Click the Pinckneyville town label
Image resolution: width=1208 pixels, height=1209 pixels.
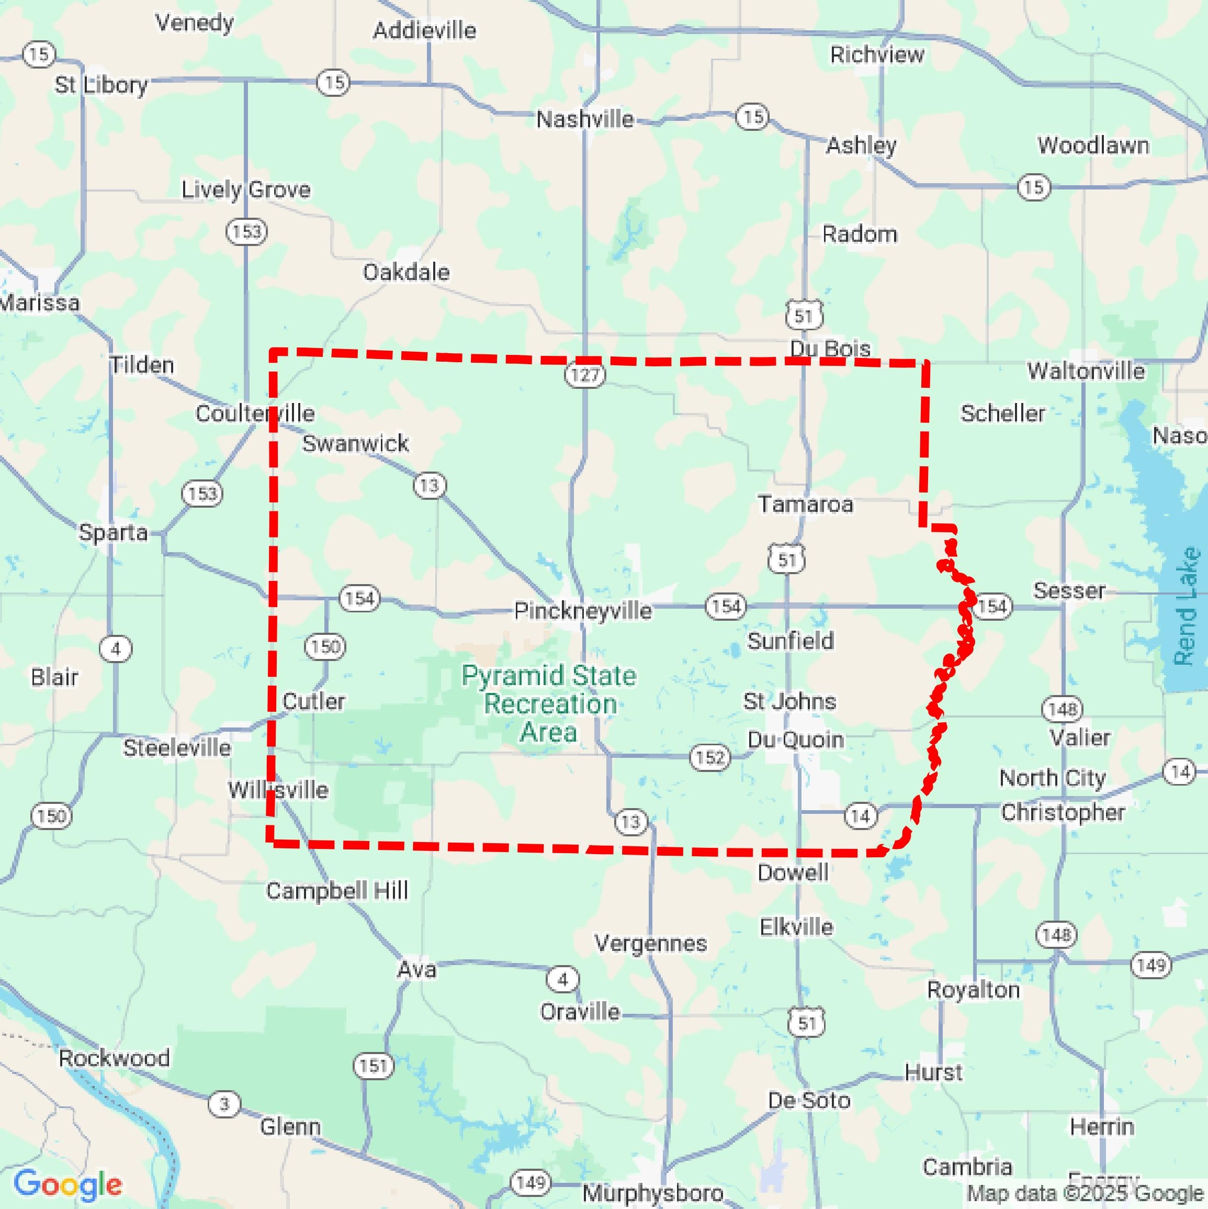tap(582, 610)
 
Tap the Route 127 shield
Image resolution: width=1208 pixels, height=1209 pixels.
tap(585, 375)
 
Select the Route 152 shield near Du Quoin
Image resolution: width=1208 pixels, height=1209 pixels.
tap(710, 757)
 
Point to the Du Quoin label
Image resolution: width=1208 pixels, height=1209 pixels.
tap(796, 740)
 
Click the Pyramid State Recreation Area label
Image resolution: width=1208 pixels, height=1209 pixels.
tap(549, 703)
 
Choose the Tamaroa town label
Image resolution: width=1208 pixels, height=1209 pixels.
tap(805, 503)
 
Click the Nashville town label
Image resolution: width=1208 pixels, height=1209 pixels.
tap(585, 119)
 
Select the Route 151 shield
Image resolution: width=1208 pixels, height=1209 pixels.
tap(374, 1065)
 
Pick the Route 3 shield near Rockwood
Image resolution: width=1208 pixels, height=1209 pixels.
tap(224, 1104)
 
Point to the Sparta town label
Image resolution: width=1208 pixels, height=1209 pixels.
tap(113, 533)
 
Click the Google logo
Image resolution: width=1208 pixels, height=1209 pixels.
tap(67, 1183)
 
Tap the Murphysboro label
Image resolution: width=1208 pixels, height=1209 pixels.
tap(652, 1193)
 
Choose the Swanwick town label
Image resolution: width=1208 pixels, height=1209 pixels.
tap(355, 443)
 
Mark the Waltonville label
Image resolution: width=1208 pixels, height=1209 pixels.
tap(1086, 371)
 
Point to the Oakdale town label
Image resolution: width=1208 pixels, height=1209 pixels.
tap(406, 272)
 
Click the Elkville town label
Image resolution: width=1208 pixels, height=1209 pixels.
tap(796, 927)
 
